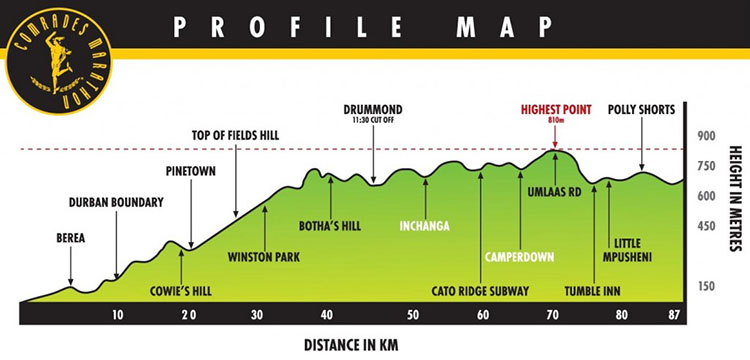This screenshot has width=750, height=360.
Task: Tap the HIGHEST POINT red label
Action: coord(555,108)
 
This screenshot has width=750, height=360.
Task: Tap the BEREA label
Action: coord(71,238)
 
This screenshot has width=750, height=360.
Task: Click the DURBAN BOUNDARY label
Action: coord(116,203)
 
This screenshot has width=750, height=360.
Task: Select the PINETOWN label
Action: coord(192,170)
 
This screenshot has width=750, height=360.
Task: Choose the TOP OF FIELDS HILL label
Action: coord(237,135)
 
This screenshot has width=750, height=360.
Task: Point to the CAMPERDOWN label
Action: coord(519,257)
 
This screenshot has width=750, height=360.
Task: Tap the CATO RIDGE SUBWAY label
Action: coord(480,291)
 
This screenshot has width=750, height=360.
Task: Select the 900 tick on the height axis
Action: coord(708,136)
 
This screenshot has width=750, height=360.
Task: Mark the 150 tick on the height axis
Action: coord(707,287)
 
